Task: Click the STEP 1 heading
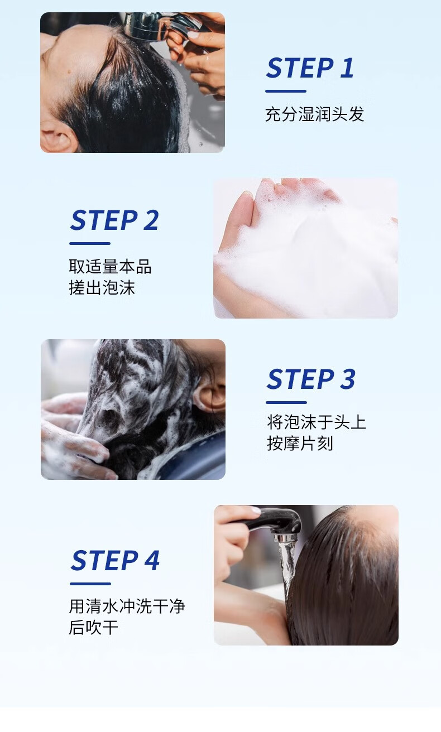310,68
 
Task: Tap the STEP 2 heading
114,220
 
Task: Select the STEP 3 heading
311,379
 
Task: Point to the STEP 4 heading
115,560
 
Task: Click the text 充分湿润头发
314,114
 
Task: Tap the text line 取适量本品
110,266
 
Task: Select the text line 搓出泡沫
102,287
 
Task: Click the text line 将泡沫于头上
317,422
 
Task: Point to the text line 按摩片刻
300,444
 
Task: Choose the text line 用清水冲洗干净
127,606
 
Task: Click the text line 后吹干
93,628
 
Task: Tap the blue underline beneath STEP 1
286,91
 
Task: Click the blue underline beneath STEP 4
90,584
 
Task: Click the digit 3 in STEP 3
348,379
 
